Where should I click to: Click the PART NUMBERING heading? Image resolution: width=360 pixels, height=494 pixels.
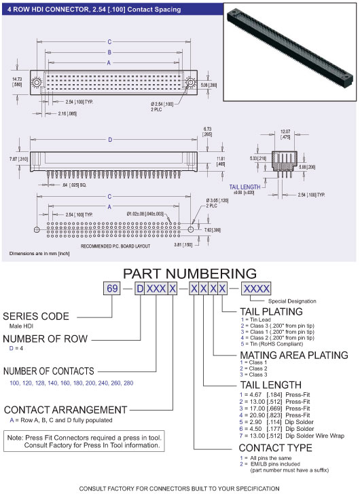coord(179,273)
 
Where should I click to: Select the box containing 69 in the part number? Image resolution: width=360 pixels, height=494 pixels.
coord(111,290)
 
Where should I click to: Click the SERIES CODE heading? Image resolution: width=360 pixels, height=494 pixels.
coord(36,316)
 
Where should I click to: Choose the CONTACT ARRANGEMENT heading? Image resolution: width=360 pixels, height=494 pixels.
coord(65,410)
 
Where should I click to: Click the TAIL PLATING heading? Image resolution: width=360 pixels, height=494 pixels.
coord(255,312)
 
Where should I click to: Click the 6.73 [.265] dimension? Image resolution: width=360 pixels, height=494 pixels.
coord(206,132)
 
